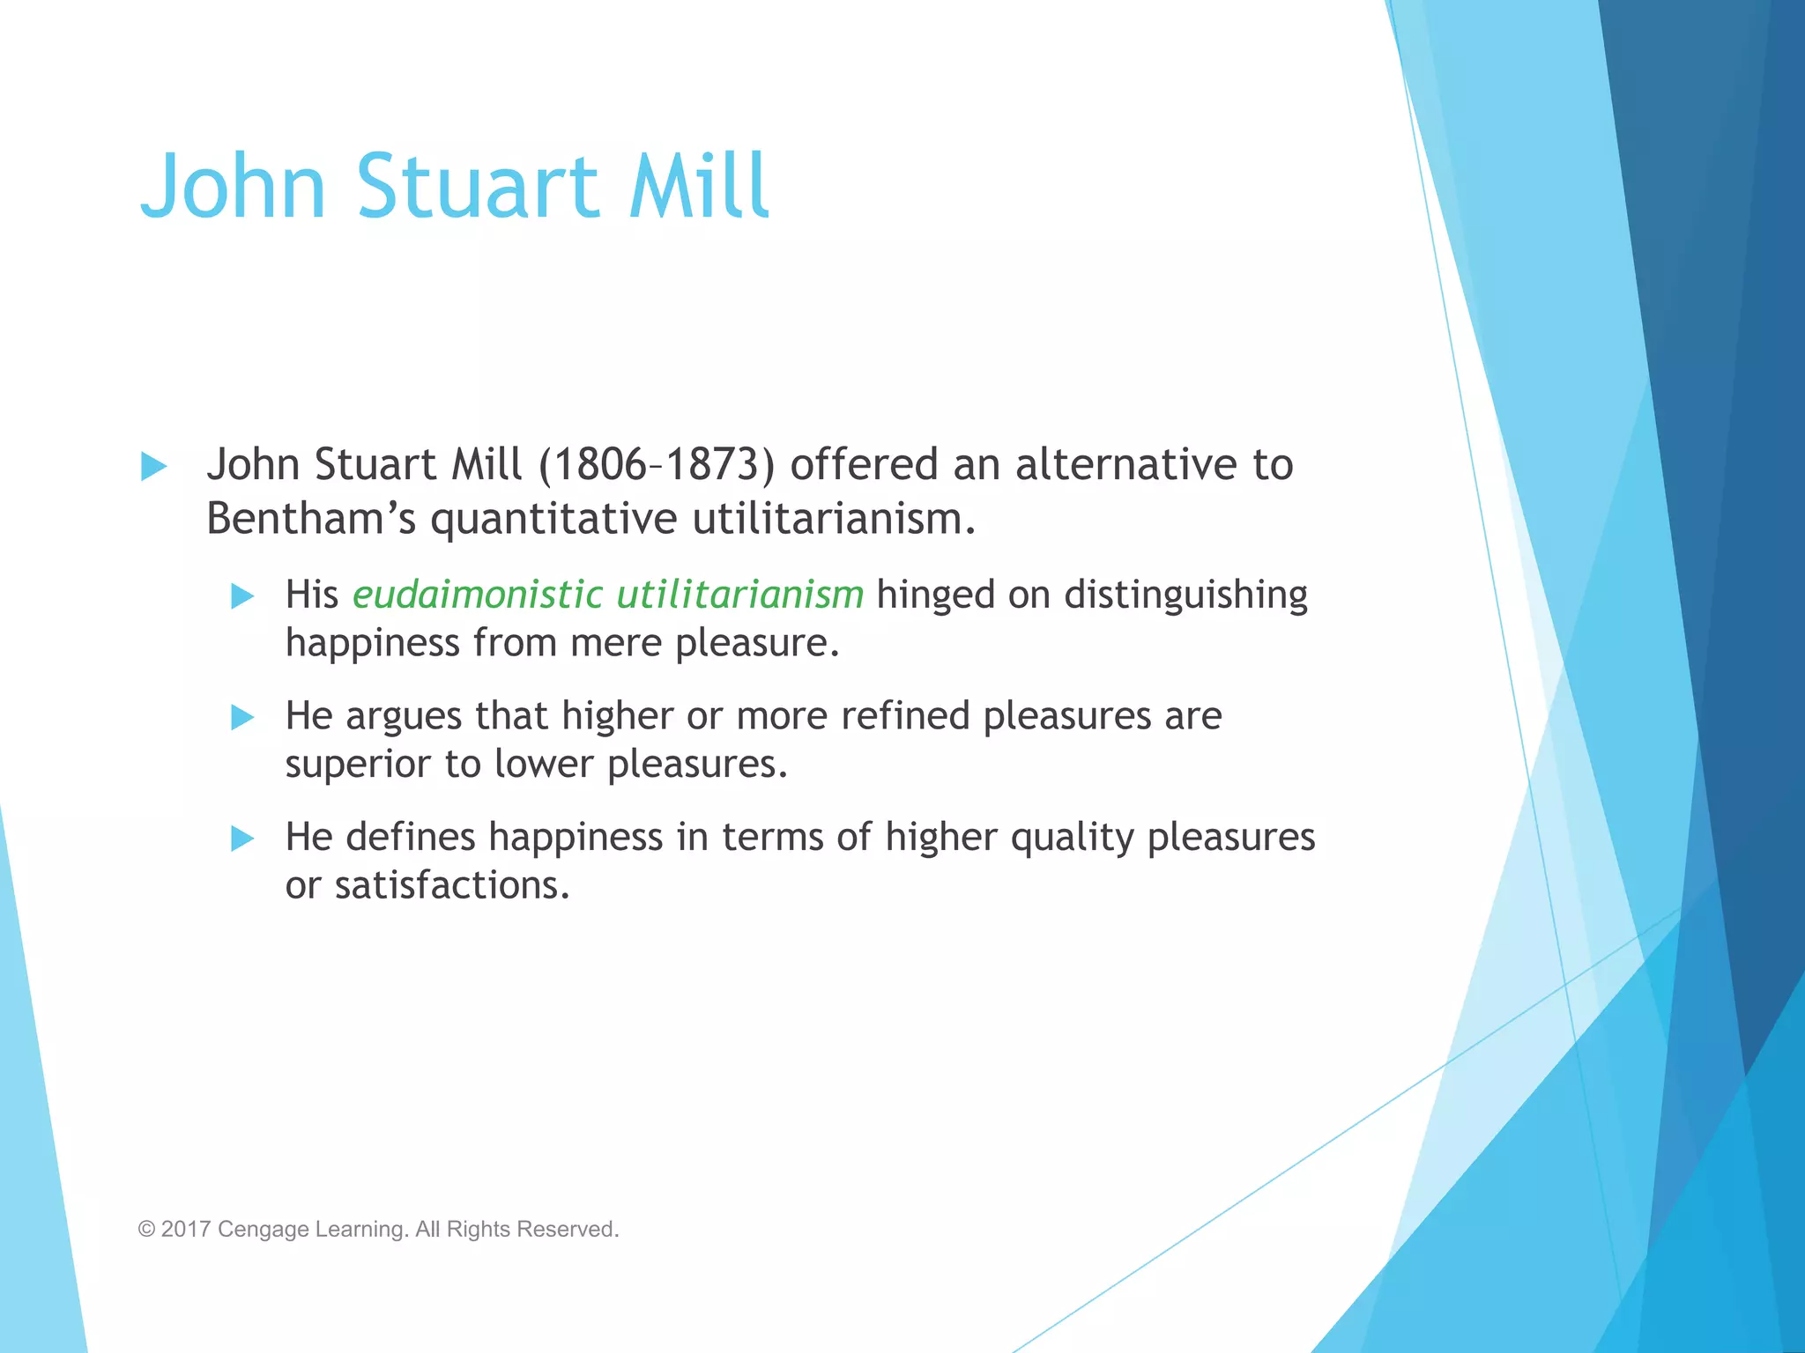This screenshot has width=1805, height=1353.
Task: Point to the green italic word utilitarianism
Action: click(x=739, y=595)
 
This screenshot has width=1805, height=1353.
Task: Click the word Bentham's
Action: click(x=310, y=518)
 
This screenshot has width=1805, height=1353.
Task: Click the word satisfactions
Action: click(x=452, y=885)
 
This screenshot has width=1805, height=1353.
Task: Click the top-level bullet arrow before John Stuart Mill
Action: click(x=153, y=466)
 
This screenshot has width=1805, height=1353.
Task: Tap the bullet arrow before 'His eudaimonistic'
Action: click(x=242, y=596)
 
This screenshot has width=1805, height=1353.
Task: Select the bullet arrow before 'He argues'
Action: click(x=242, y=717)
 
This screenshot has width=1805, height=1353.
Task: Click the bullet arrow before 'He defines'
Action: click(x=242, y=838)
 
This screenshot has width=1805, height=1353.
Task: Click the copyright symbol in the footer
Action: click(x=146, y=1229)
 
